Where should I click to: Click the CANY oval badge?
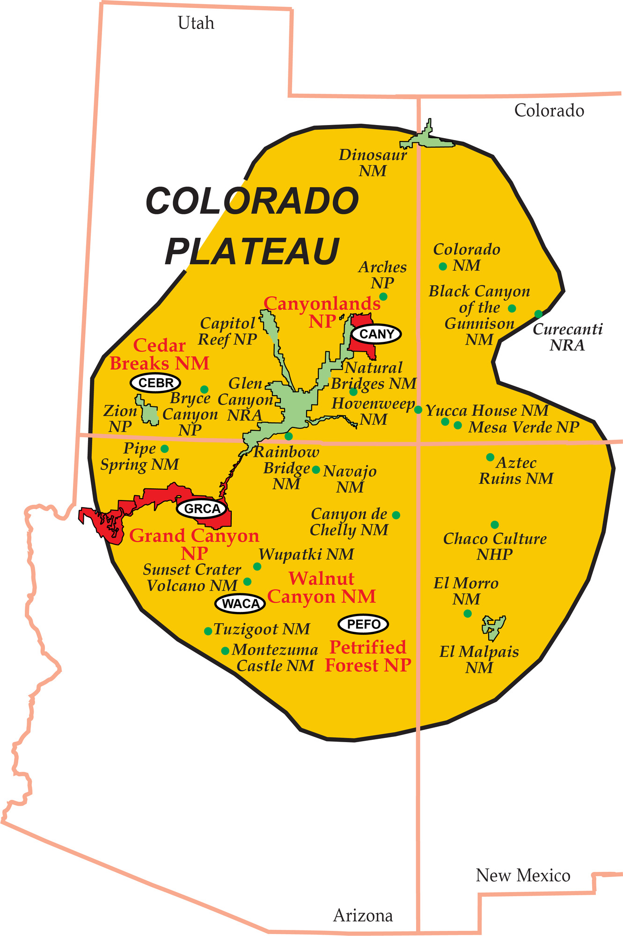[376, 334]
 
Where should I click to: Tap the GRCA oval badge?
[202, 509]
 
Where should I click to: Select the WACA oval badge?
[240, 604]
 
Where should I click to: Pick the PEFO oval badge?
[363, 624]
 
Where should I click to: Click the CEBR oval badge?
[155, 383]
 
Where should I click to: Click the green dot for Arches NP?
[383, 296]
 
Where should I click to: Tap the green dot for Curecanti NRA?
[538, 314]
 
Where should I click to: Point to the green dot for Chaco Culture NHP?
[495, 525]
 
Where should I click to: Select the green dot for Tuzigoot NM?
[208, 631]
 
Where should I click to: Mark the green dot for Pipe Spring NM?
[165, 449]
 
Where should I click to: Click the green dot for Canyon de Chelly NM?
[396, 515]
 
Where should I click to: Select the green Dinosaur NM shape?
[425, 139]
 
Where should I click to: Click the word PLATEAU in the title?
[252, 251]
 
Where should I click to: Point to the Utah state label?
[196, 23]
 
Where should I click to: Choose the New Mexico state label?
[523, 875]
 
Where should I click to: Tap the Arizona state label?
[363, 915]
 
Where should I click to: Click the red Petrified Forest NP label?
[368, 656]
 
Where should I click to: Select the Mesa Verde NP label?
[524, 427]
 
